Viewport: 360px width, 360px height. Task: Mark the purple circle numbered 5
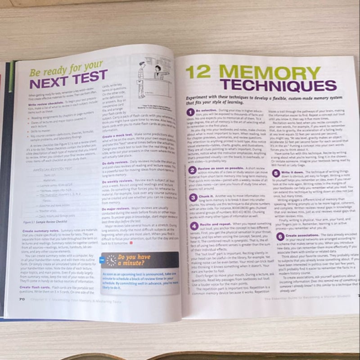(x=276, y=173)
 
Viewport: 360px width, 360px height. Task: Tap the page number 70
(x=22, y=299)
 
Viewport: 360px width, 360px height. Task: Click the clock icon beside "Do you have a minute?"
(x=110, y=260)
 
